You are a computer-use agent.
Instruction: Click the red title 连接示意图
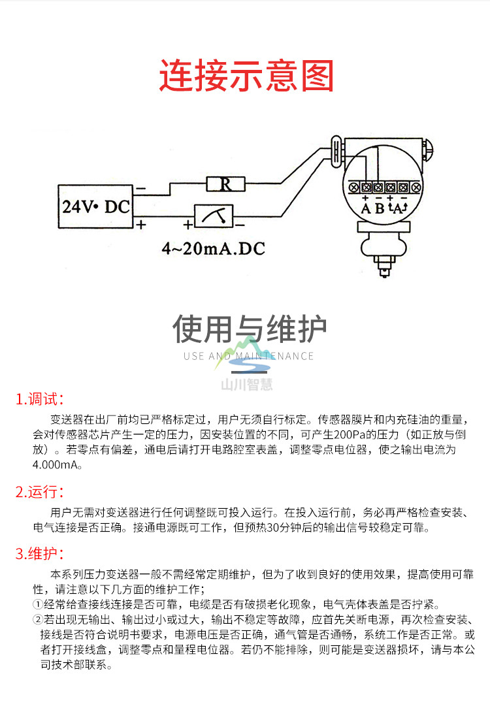[x=246, y=76]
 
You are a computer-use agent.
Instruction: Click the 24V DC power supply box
[x=95, y=206]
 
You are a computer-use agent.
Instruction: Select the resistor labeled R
[x=225, y=184]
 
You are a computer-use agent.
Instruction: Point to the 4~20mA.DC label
[x=214, y=249]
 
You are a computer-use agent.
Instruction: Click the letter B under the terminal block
[x=379, y=209]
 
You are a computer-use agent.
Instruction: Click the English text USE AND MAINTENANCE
[x=249, y=356]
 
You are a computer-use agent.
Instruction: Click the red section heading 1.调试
[x=40, y=399]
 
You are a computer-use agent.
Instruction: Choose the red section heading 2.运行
[x=40, y=492]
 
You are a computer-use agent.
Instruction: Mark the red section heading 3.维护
[x=40, y=555]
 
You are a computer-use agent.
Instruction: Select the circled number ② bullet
[x=38, y=619]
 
